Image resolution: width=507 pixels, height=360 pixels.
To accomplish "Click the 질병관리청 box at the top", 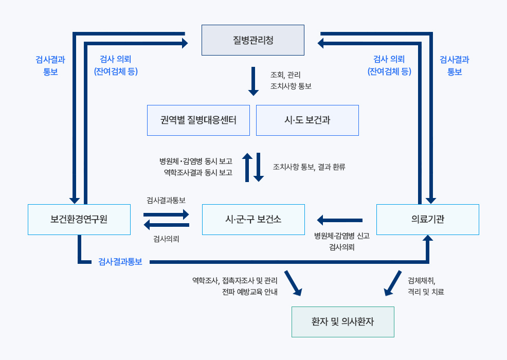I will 252,40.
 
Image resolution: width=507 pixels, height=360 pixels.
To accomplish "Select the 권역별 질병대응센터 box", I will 198,120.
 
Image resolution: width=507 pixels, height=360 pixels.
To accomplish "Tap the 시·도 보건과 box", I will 307,120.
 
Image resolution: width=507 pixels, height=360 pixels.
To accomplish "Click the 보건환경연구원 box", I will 79,220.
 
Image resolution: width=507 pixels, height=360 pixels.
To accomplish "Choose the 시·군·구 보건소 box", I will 253,220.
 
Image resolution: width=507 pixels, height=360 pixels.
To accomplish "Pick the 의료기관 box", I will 427,220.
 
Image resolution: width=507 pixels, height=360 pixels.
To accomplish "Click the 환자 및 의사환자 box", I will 342,322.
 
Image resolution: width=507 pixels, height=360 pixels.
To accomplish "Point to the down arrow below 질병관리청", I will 253,81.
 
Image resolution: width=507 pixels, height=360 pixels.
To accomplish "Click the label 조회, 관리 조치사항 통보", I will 291,80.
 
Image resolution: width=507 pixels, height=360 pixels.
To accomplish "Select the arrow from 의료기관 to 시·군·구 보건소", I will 340,220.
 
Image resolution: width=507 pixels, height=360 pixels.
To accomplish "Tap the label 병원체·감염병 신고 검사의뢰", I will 341,241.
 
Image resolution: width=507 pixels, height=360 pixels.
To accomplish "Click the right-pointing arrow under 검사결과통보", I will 167,214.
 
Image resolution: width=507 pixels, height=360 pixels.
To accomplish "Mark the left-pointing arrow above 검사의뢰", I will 167,225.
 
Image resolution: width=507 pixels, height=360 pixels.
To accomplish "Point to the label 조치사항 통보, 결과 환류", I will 309,167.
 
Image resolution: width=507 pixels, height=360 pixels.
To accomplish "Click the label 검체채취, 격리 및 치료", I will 425,286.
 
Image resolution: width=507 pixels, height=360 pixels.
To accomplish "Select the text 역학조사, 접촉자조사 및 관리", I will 234,281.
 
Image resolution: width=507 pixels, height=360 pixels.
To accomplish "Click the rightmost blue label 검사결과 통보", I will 455,66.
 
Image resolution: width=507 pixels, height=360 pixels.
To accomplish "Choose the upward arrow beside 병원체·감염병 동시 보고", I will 247,167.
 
